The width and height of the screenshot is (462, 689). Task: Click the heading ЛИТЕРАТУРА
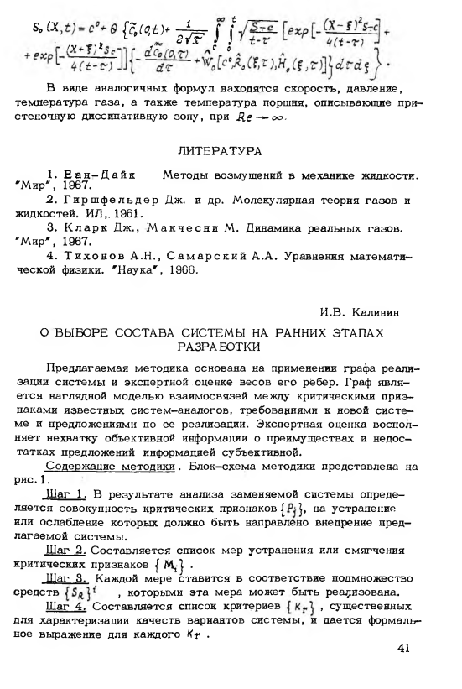[231, 154]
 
